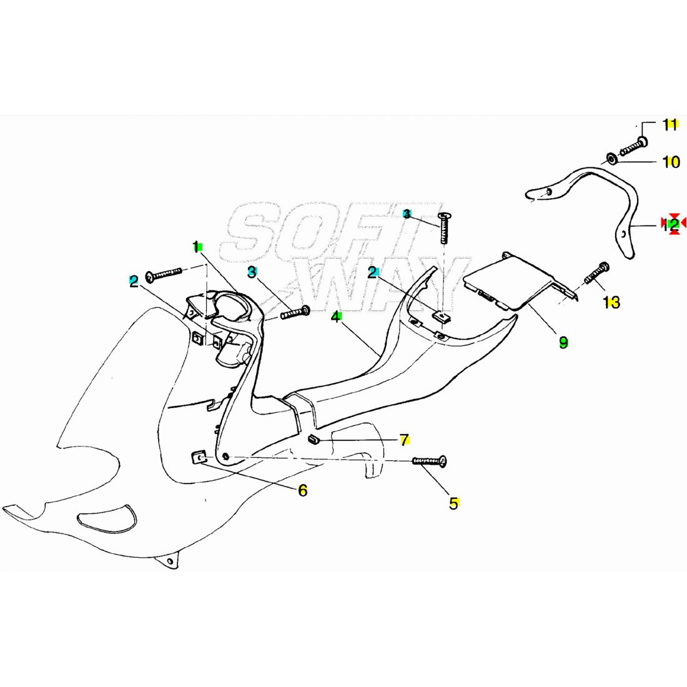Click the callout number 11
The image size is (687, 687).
[x=670, y=124]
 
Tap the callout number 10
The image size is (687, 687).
[x=671, y=162]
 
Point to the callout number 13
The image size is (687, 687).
[x=611, y=303]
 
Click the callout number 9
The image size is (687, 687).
[x=563, y=342]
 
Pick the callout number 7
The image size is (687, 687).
[x=405, y=440]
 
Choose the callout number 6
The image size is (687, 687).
[x=302, y=490]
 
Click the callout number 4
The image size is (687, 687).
[x=336, y=317]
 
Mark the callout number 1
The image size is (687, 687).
[x=196, y=247]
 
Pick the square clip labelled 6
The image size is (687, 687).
[x=199, y=458]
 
